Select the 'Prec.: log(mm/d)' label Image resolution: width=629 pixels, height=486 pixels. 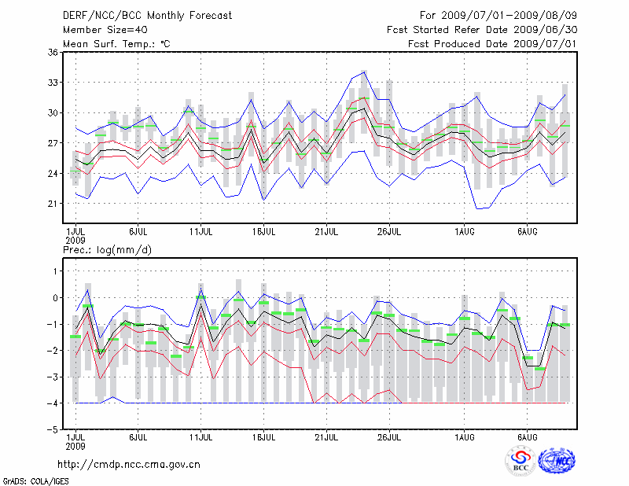click(108, 249)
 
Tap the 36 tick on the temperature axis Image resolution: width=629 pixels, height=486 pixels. click(53, 52)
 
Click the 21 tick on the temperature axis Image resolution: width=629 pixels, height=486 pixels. click(53, 204)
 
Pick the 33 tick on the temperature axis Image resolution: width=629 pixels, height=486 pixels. click(53, 83)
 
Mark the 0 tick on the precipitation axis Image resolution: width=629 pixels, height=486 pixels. click(55, 298)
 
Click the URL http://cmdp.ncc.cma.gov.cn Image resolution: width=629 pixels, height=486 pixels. click(130, 464)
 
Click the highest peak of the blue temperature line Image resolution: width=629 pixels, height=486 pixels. click(363, 72)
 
